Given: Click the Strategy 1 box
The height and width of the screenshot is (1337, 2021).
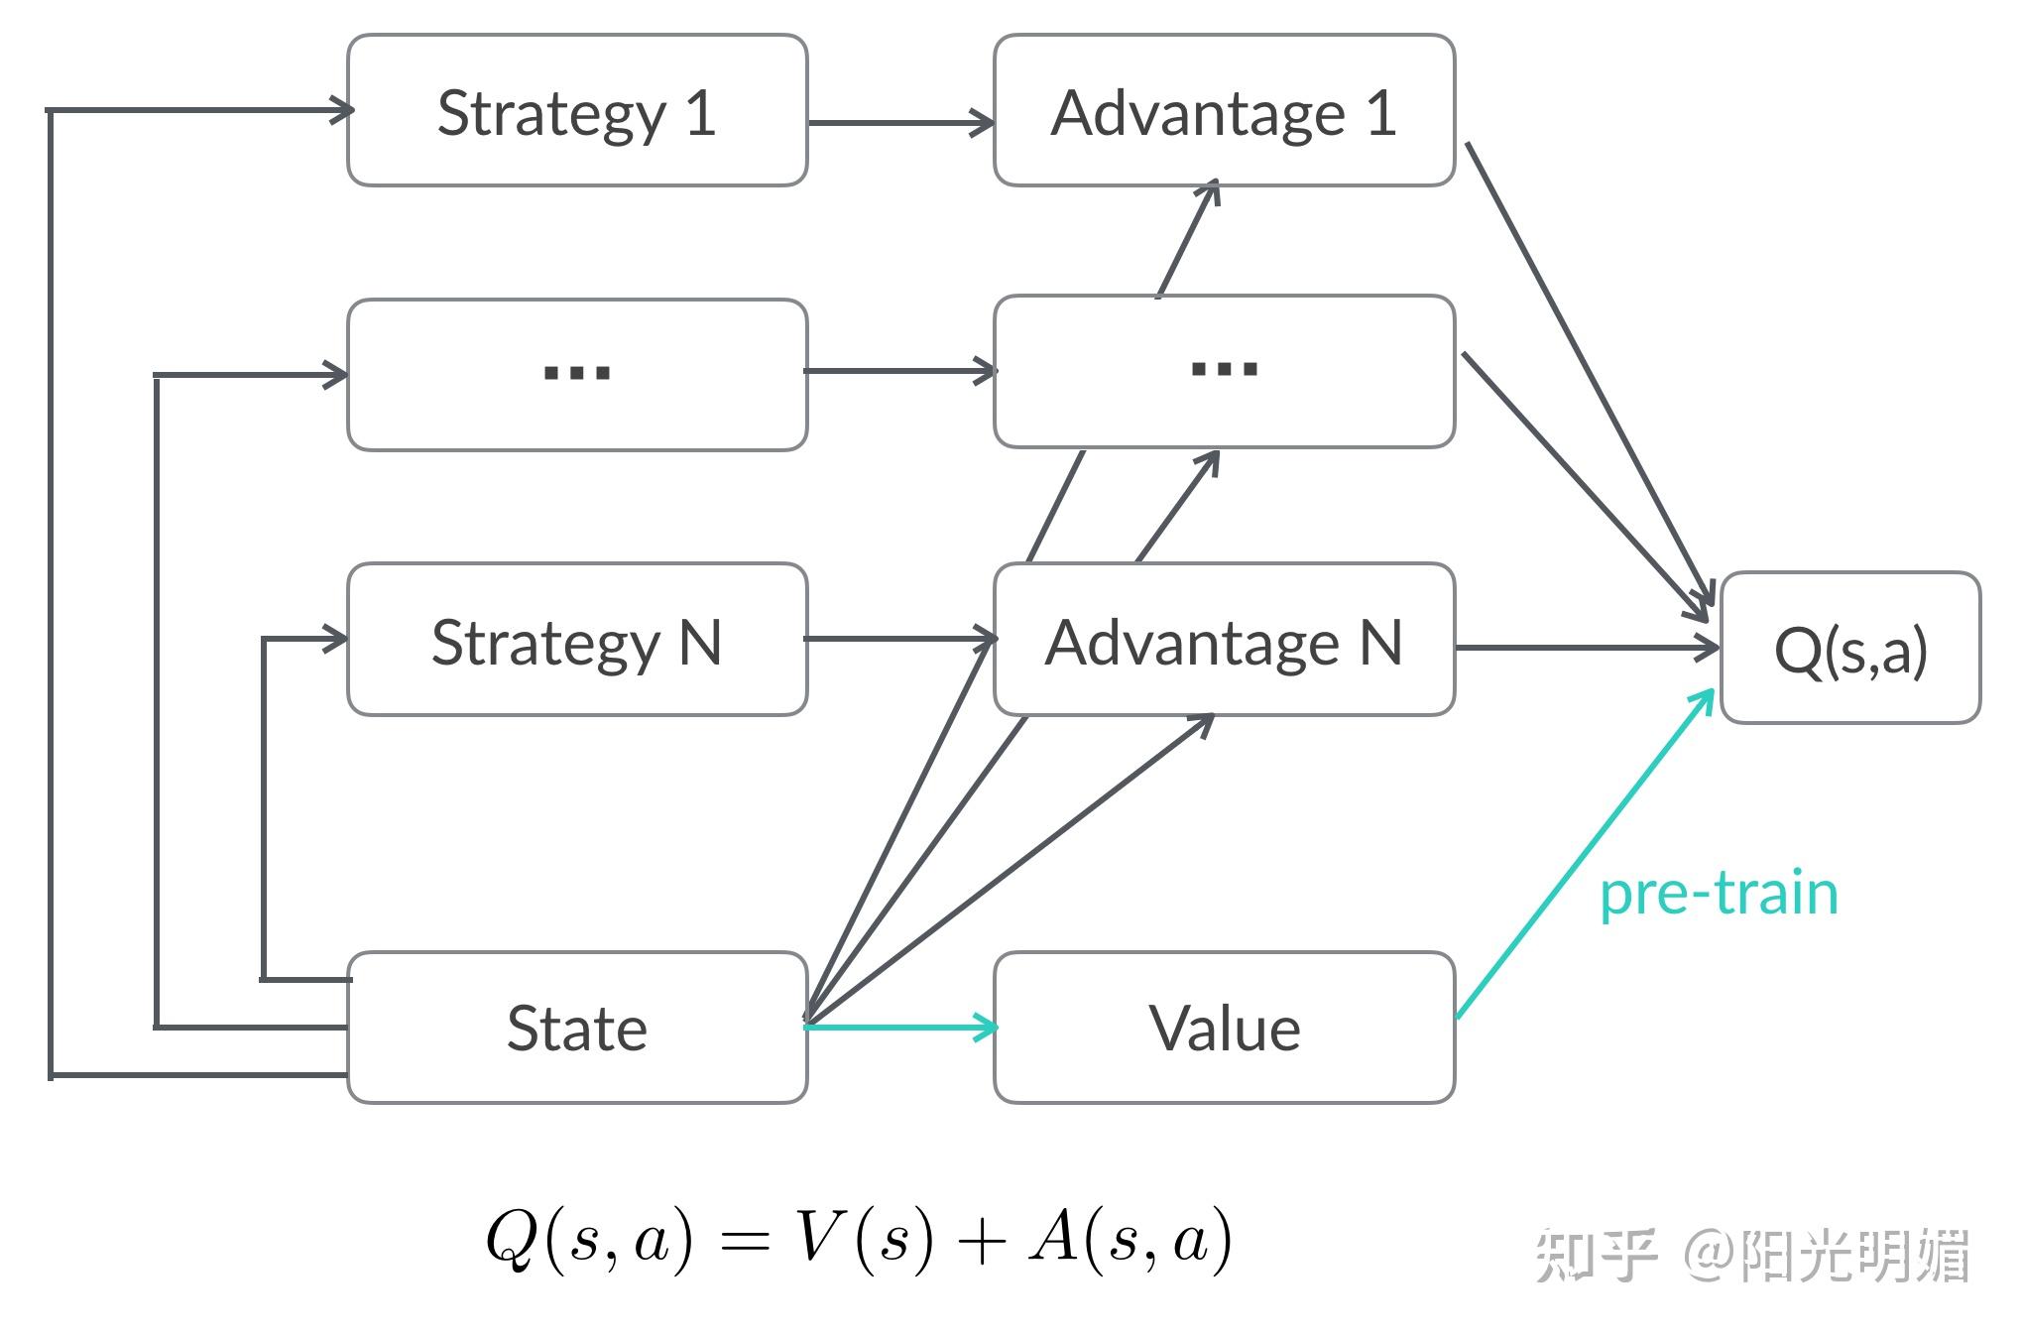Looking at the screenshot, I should pyautogui.click(x=577, y=111).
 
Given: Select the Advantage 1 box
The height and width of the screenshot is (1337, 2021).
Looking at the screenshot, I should pyautogui.click(x=1224, y=111).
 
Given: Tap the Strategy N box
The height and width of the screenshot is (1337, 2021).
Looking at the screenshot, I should pyautogui.click(x=577, y=640).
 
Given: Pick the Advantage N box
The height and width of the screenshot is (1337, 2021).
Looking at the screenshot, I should pyautogui.click(x=1224, y=640).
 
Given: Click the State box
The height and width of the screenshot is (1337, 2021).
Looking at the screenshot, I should pyautogui.click(x=577, y=1028).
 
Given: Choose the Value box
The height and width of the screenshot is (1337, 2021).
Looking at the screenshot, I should pyautogui.click(x=1224, y=1028).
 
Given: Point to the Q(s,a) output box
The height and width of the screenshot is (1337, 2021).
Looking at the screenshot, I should pyautogui.click(x=1850, y=649).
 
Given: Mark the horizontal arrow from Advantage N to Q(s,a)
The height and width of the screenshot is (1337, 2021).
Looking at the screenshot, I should pyautogui.click(x=1587, y=649).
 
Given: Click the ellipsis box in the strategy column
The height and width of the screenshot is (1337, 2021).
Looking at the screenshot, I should pyautogui.click(x=577, y=375).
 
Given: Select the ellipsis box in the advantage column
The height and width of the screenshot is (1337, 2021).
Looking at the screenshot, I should pyautogui.click(x=1224, y=372).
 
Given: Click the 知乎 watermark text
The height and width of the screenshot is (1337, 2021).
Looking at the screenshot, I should pyautogui.click(x=1596, y=1256).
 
